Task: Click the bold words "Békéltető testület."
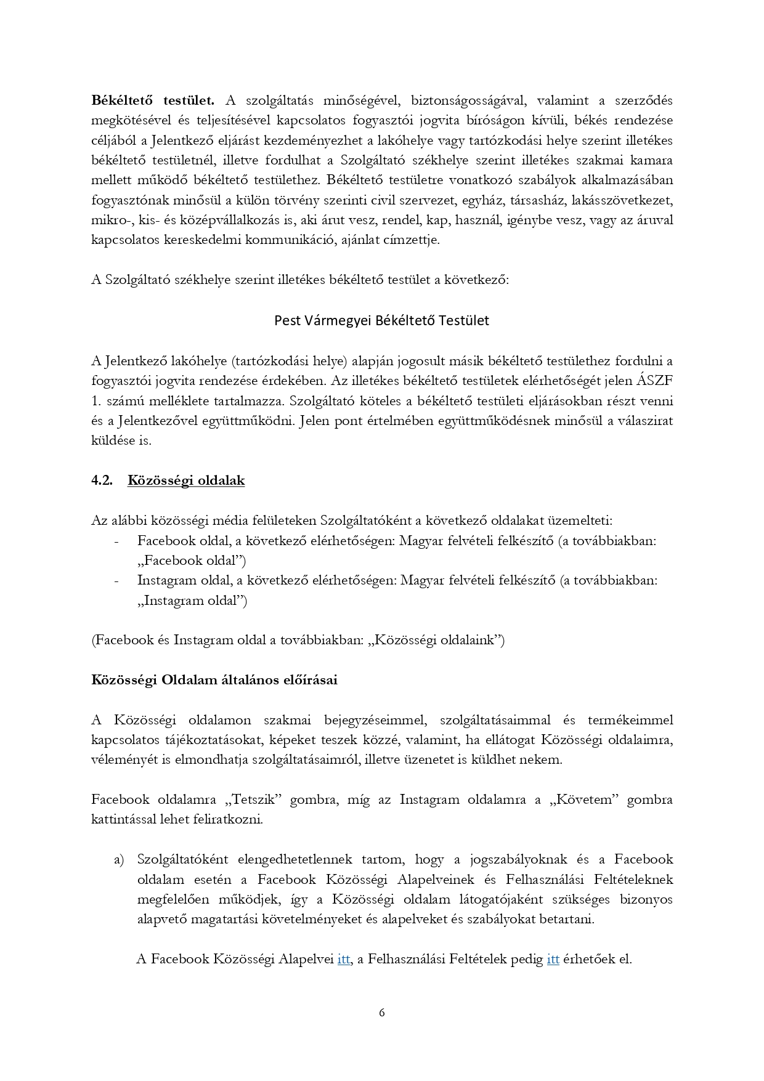(x=153, y=100)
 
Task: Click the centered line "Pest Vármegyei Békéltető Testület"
(x=381, y=320)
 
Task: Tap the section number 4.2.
(x=102, y=480)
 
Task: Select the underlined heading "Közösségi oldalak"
(x=186, y=480)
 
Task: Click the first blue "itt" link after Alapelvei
(x=344, y=959)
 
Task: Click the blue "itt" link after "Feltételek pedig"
(x=553, y=959)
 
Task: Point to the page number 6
(x=382, y=1013)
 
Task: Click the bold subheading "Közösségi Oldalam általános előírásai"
(x=214, y=680)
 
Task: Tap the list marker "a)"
(x=119, y=859)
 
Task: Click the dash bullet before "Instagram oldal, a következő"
(x=116, y=581)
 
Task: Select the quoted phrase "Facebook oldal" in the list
(x=188, y=561)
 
